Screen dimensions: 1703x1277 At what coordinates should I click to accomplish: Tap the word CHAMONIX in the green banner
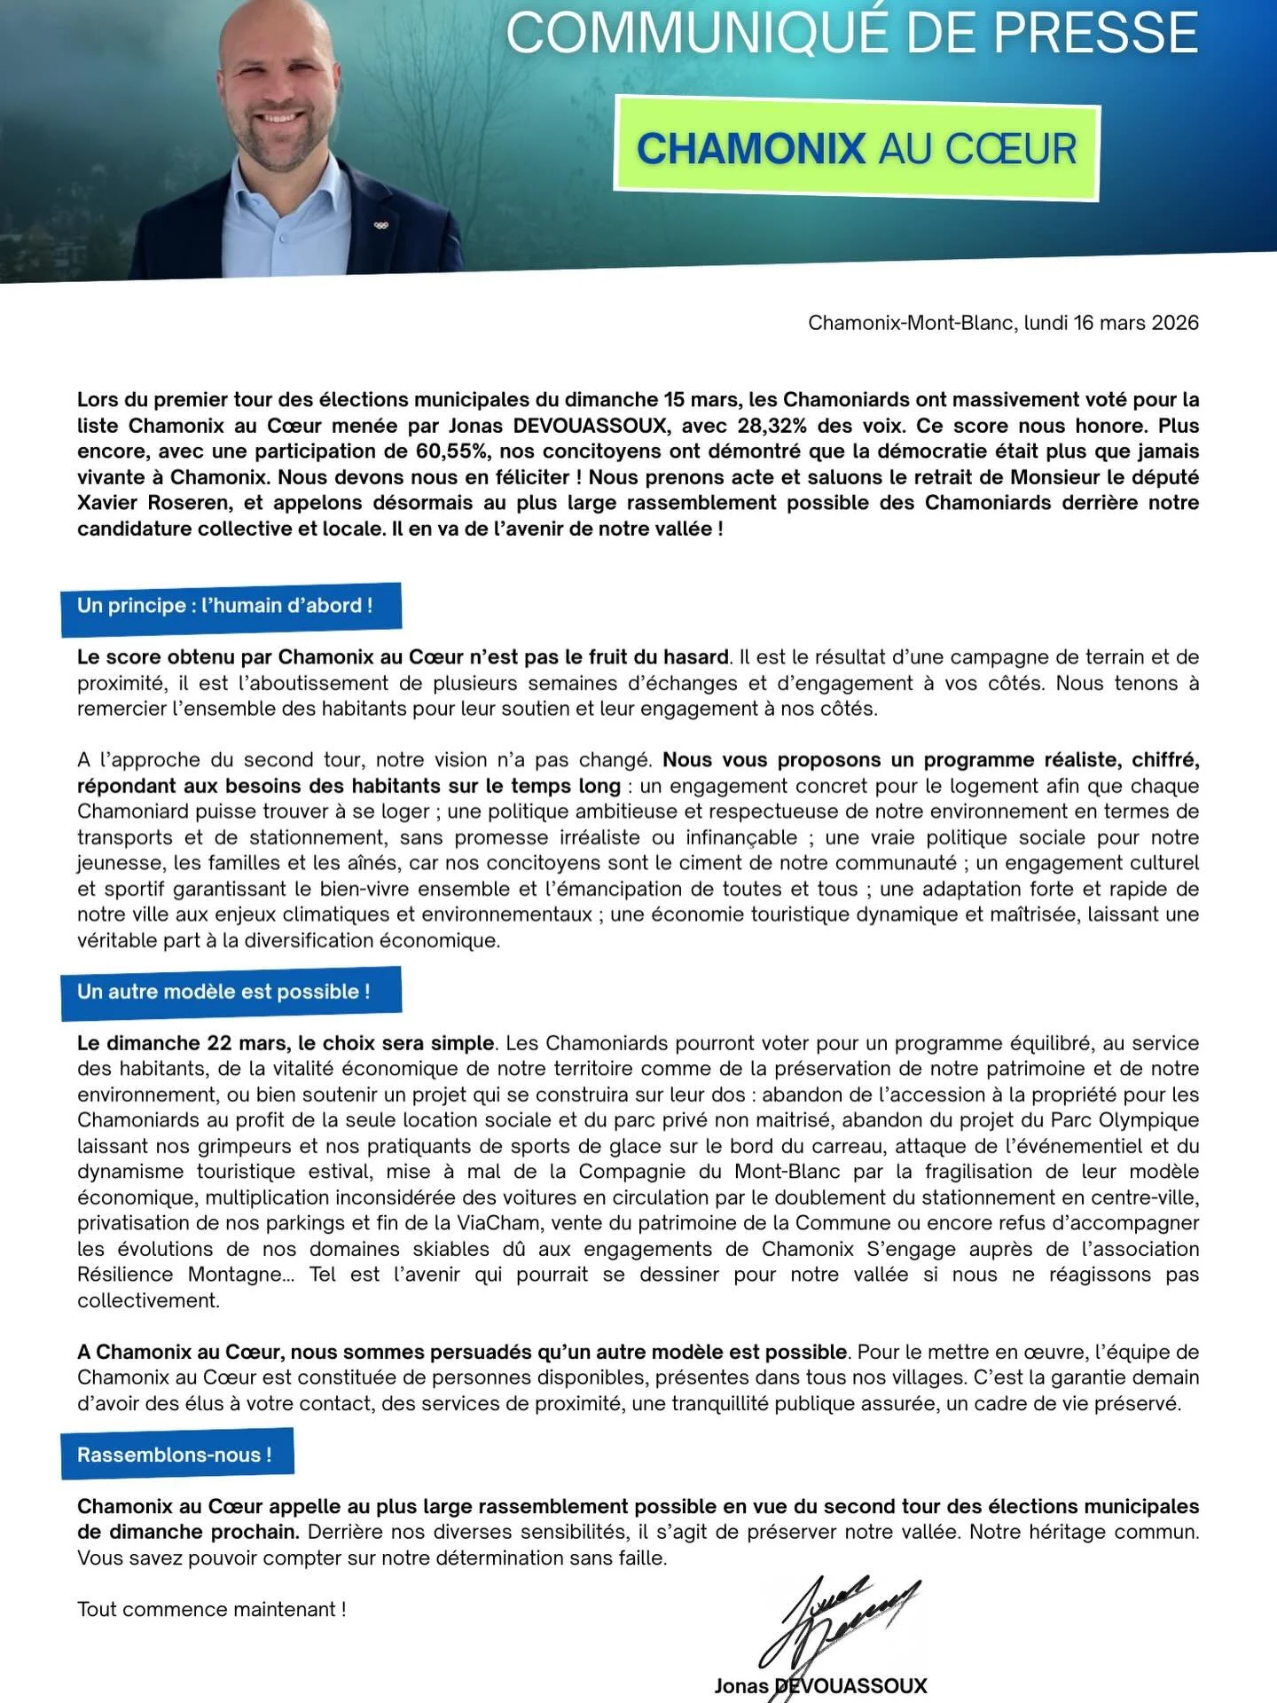click(750, 149)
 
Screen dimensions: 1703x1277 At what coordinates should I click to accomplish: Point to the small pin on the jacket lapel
click(381, 224)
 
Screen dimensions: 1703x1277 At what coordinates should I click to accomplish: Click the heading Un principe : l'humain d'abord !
click(225, 606)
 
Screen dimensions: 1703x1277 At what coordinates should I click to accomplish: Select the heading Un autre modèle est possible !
click(223, 992)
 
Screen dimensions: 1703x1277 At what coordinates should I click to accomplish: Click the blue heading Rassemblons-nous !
click(174, 1455)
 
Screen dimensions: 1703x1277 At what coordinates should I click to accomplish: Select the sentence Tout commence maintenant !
click(211, 1609)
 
